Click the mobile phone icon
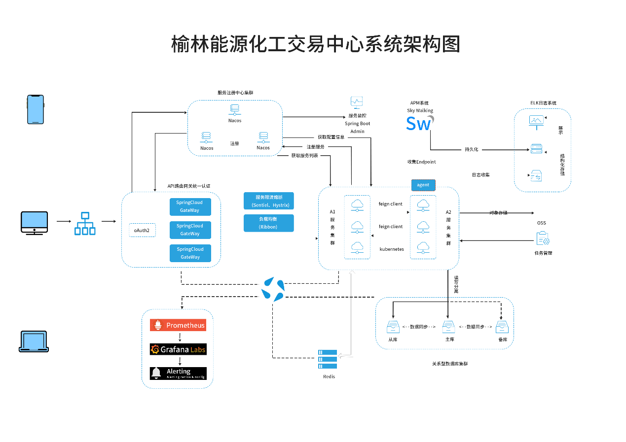click(x=35, y=109)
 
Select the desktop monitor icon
click(x=34, y=222)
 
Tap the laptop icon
click(x=34, y=341)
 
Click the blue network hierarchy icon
click(x=85, y=223)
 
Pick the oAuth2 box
click(x=143, y=230)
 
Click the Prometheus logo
click(x=178, y=325)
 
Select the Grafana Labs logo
click(x=178, y=349)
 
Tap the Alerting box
click(x=178, y=373)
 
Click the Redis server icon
click(x=328, y=359)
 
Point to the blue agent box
click(x=423, y=185)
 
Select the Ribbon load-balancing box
click(x=269, y=223)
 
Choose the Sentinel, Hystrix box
click(x=269, y=201)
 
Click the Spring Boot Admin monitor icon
click(x=357, y=102)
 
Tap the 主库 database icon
click(x=448, y=327)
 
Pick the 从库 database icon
click(x=393, y=327)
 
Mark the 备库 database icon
click(x=502, y=327)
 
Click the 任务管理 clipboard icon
click(x=543, y=239)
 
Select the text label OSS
click(x=541, y=223)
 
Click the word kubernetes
click(x=391, y=249)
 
